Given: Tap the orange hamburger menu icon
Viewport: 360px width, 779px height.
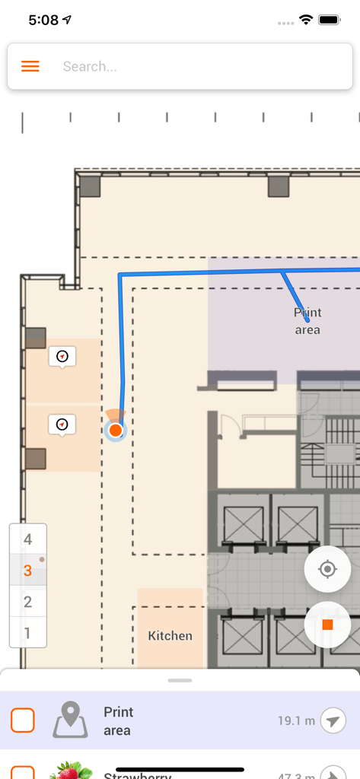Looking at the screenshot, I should (x=30, y=66).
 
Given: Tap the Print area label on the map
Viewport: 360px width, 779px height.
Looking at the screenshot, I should (x=307, y=321).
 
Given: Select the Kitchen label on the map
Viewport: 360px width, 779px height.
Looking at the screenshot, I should (x=170, y=635).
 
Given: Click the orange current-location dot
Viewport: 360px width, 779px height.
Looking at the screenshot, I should (x=115, y=431).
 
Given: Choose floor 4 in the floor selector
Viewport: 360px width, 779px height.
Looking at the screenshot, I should (x=28, y=539).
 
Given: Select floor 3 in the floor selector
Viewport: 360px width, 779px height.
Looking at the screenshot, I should (x=28, y=571).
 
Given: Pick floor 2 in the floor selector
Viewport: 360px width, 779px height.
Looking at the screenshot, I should (x=28, y=602).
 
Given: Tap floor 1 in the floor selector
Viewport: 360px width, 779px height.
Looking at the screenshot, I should (x=28, y=632).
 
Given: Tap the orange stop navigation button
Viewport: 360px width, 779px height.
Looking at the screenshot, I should (x=327, y=625).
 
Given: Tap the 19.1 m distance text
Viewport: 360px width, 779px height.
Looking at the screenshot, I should (x=296, y=720).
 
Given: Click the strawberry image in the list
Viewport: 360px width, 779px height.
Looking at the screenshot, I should (x=71, y=771).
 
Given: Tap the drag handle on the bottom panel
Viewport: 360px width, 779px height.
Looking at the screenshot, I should (x=180, y=679).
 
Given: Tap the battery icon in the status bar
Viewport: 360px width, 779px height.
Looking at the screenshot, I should (x=330, y=20).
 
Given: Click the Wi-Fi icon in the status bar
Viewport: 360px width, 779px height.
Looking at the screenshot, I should (x=306, y=20).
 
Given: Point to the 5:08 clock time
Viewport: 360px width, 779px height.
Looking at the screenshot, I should (x=43, y=21).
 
